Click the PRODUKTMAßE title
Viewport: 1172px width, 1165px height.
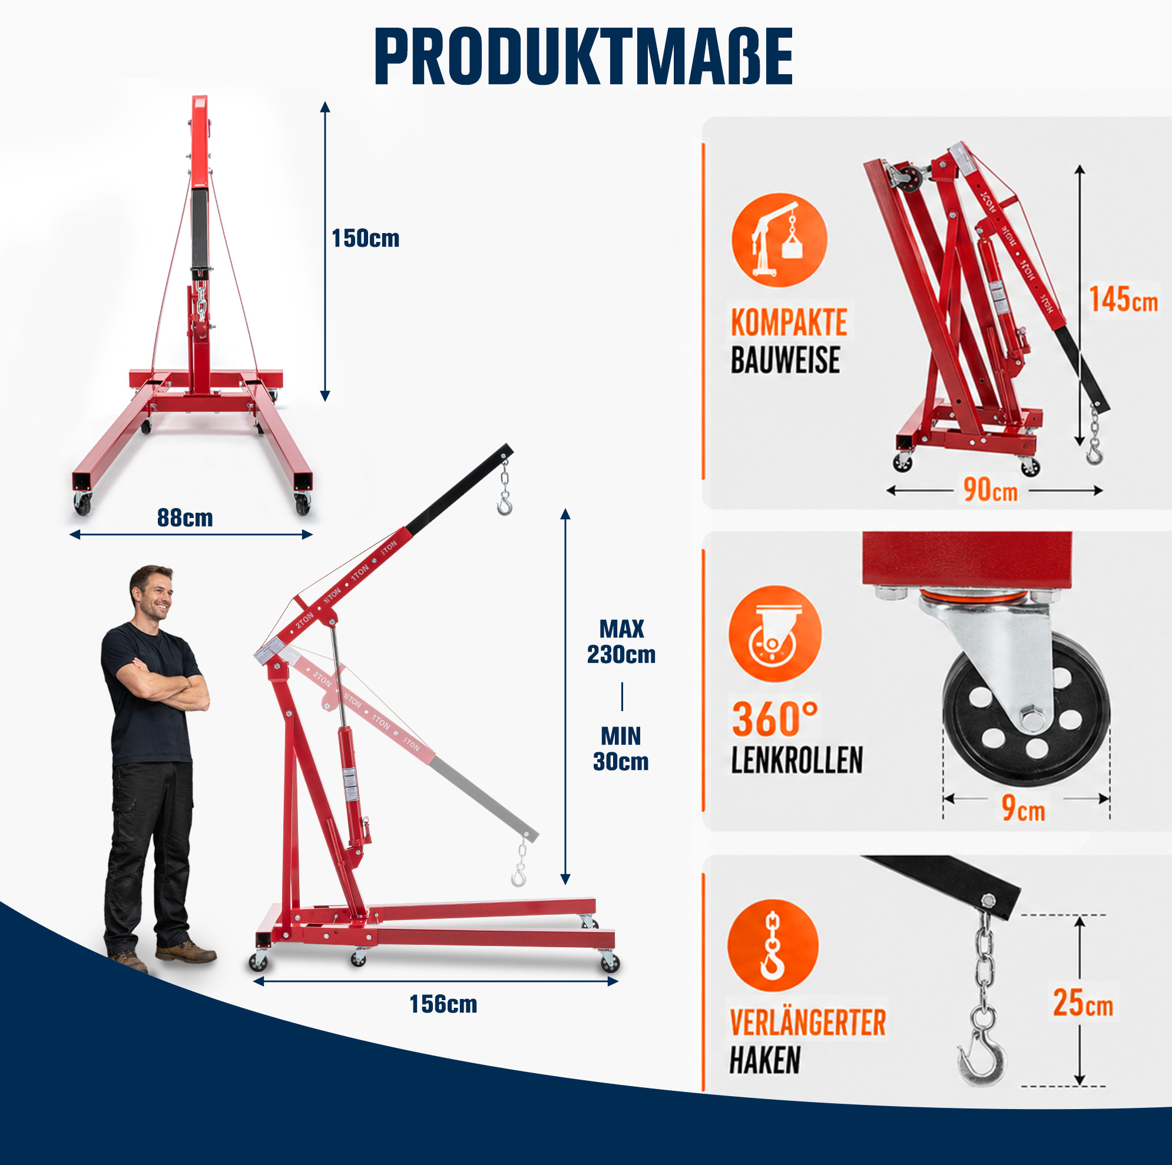tap(584, 57)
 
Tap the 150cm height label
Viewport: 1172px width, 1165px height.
tap(365, 238)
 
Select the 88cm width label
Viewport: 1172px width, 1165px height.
tap(185, 518)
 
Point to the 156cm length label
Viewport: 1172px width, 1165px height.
tap(443, 1004)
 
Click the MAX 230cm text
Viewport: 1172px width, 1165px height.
tap(621, 642)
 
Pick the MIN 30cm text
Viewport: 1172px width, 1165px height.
tap(621, 749)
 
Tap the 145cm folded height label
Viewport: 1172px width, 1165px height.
tap(1123, 300)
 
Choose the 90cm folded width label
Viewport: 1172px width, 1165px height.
tap(991, 489)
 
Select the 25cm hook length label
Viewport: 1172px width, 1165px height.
tap(1083, 1003)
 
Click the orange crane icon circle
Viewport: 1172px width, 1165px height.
tap(779, 240)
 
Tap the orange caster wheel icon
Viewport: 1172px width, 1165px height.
tap(774, 633)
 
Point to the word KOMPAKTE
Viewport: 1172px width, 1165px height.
tap(789, 322)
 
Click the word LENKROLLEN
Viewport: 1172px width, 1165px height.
tap(796, 760)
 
